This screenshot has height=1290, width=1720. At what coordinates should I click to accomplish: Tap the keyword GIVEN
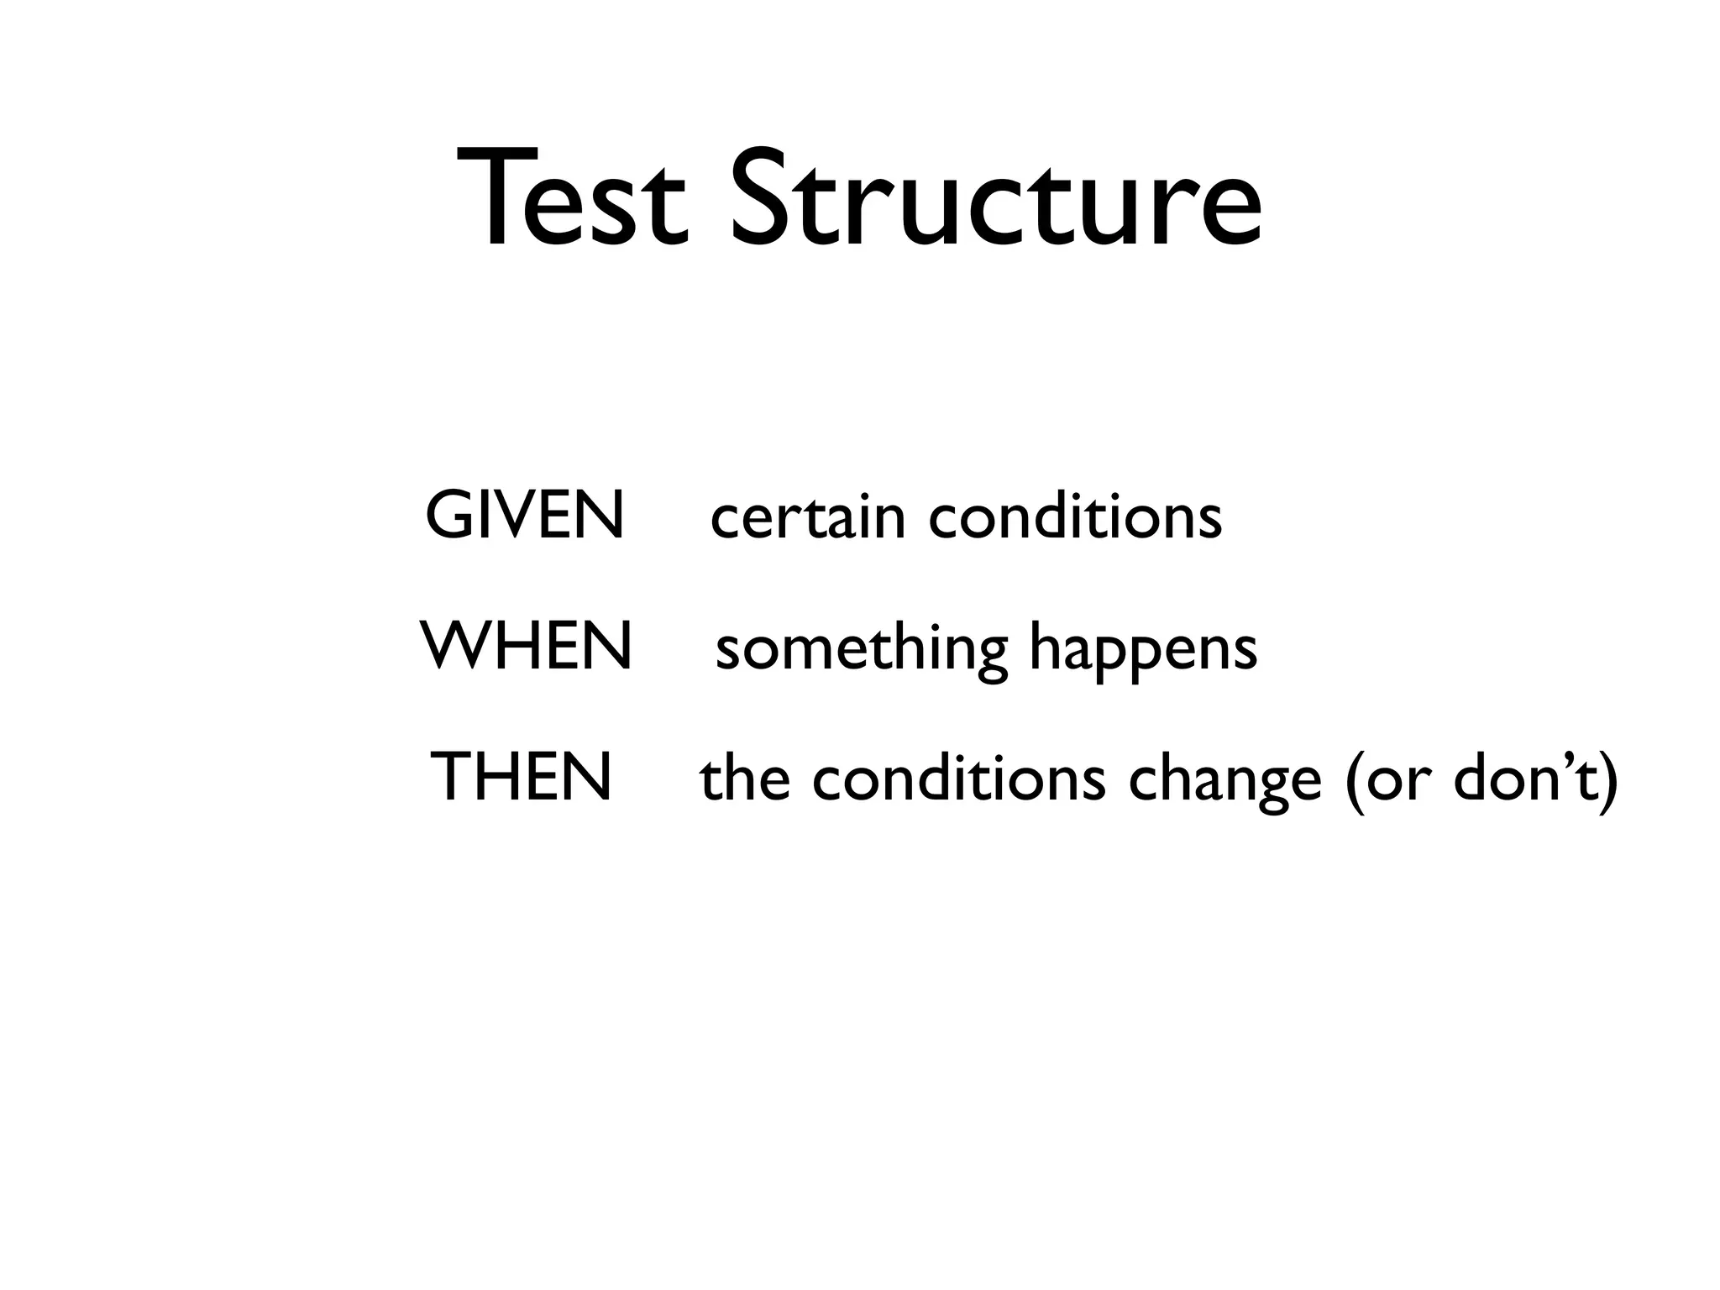[525, 515]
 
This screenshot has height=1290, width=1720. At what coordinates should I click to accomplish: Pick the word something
[861, 650]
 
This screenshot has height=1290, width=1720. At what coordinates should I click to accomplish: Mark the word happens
[1143, 650]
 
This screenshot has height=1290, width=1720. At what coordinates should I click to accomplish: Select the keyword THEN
[521, 777]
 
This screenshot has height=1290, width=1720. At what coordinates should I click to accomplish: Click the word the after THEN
[745, 779]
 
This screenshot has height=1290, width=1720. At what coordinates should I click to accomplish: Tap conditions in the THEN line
[958, 779]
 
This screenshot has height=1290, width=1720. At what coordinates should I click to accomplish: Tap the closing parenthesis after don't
[1607, 781]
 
